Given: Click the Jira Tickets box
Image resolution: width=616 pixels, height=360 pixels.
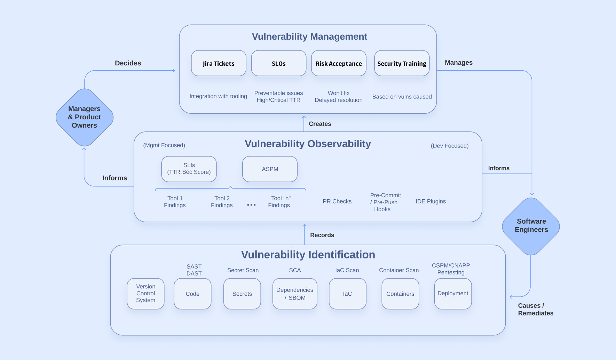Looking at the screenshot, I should tap(219, 63).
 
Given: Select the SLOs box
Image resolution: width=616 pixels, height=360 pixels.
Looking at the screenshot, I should tap(278, 63).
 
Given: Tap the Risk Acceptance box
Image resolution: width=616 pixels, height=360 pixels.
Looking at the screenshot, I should tap(339, 63).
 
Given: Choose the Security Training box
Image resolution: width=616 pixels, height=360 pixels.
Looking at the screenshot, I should tap(402, 63).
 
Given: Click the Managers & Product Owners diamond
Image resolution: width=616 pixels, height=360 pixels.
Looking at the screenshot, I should tap(85, 117).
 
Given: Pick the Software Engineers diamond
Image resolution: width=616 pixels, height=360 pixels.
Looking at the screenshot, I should tap(531, 226).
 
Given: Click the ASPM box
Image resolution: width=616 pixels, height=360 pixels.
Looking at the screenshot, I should tap(270, 169).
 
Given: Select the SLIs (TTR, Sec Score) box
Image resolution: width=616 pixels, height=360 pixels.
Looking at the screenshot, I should tap(189, 169).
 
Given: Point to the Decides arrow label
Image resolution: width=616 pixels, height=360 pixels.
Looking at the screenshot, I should tap(128, 63).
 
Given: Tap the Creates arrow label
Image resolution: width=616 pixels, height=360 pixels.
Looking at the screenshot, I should tap(319, 124).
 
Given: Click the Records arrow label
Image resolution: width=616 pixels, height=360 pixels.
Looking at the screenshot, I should tap(322, 235).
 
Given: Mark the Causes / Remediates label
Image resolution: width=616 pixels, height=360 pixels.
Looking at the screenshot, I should tap(535, 309).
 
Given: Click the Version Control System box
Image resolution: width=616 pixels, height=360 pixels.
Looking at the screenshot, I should tap(145, 293).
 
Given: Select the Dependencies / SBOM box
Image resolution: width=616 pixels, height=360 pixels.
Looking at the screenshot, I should tap(295, 294).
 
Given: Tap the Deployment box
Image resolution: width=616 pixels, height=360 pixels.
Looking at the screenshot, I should tap(453, 293).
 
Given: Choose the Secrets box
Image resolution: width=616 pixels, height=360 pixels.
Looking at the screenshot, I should tap(242, 294).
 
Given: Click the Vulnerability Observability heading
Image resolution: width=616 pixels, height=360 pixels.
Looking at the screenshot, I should tap(308, 144).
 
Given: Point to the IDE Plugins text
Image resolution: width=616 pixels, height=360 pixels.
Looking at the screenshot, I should tap(431, 201).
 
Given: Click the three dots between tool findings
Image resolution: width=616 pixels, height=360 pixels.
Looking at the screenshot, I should tap(251, 205).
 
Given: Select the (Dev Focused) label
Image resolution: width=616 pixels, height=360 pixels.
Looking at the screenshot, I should tap(449, 146).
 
